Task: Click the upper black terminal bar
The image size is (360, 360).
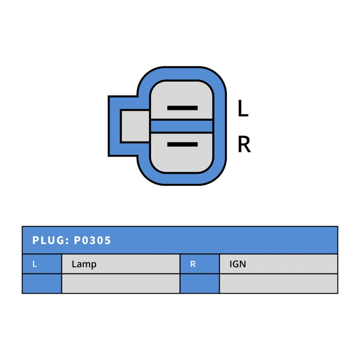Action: [182, 108]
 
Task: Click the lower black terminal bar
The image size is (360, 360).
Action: [182, 144]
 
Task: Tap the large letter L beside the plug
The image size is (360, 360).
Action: [243, 108]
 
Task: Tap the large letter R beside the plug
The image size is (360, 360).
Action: [244, 144]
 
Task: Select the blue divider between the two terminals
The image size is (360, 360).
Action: [181, 126]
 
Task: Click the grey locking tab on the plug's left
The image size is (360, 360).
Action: [135, 126]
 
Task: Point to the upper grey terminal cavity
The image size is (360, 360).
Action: [181, 100]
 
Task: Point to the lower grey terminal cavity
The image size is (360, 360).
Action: [181, 153]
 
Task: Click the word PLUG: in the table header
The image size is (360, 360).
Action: [51, 240]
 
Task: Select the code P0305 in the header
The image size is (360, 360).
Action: [92, 240]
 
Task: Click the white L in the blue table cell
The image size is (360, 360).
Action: [35, 264]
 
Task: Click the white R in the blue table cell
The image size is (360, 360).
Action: [193, 264]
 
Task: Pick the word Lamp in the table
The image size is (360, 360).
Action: [84, 264]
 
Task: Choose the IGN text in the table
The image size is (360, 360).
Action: [238, 264]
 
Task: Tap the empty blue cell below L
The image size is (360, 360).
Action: [42, 284]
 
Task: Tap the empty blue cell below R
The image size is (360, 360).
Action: [200, 284]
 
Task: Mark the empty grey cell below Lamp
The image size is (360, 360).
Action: [121, 284]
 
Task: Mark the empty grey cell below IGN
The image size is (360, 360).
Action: [278, 284]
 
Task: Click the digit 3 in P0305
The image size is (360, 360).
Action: [92, 240]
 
